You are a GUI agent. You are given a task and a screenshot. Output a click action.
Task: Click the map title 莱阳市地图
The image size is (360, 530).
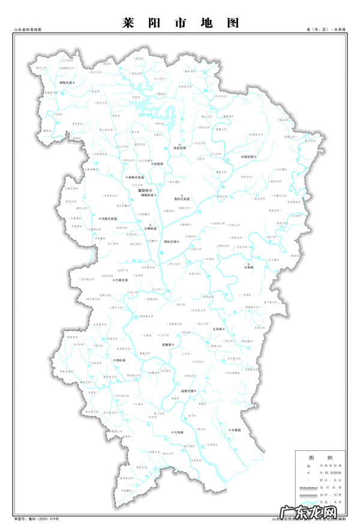click(180, 22)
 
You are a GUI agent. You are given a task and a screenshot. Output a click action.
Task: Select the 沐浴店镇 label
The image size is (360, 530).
click(180, 148)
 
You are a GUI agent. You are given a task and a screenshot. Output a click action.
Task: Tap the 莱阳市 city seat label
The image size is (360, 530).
click(146, 190)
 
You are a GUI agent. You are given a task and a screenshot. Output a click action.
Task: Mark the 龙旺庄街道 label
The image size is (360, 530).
click(182, 199)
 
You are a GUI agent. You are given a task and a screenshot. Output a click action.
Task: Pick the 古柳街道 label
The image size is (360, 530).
click(150, 229)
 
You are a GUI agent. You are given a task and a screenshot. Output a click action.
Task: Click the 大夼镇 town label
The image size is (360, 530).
click(218, 330)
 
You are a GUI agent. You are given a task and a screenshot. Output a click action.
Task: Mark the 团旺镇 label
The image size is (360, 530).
click(119, 360)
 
